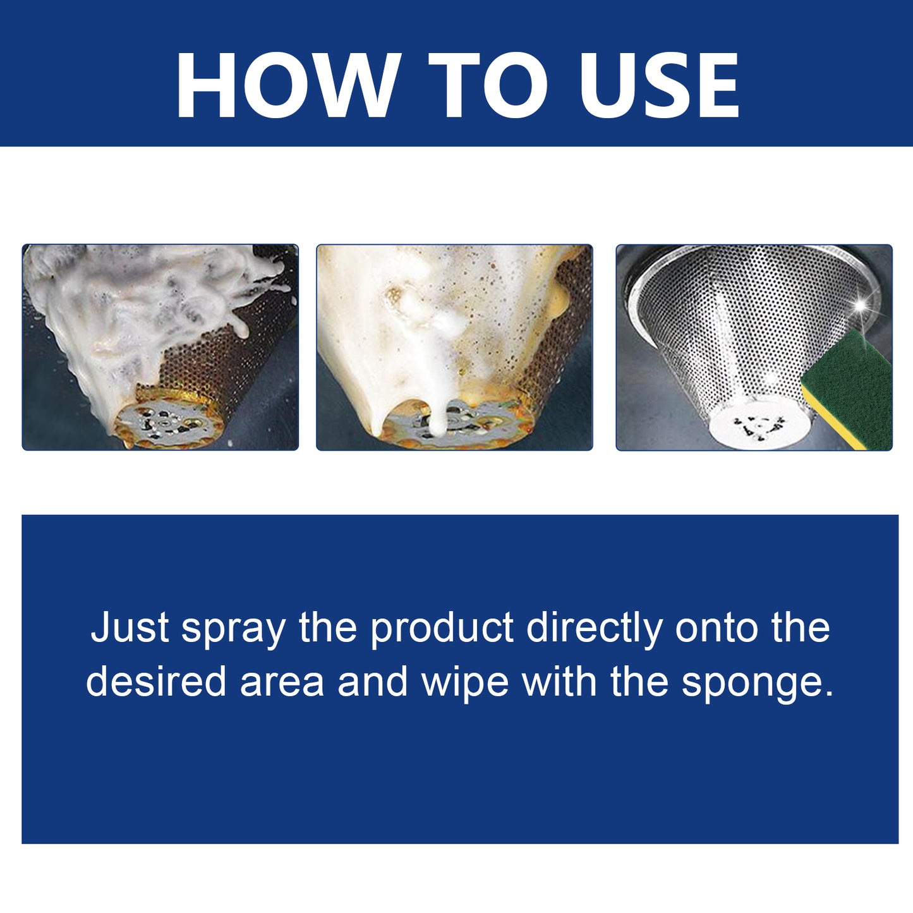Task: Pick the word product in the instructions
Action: click(442, 629)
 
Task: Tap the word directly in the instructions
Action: click(595, 629)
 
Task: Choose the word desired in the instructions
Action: click(156, 682)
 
